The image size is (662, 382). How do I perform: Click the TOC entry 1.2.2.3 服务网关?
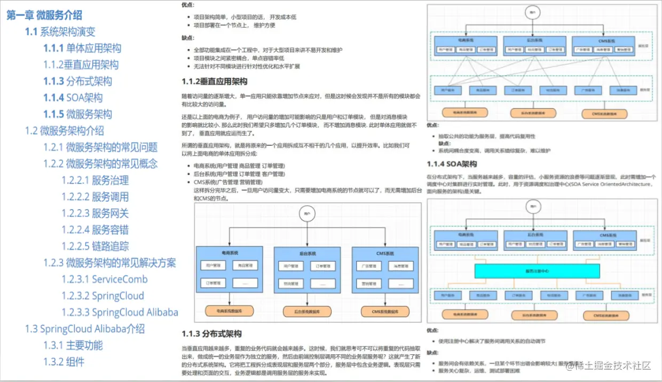pos(95,213)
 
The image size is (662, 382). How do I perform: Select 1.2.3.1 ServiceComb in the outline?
pos(104,279)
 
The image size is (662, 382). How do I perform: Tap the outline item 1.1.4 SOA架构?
pos(73,98)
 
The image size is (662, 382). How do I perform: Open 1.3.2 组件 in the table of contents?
pos(64,362)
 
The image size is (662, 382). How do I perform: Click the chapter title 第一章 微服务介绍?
pos(44,15)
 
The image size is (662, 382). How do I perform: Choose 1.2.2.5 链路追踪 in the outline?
pos(95,246)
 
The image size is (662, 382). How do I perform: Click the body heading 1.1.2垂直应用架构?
pos(215,82)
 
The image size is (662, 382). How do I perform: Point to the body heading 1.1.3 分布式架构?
pos(211,334)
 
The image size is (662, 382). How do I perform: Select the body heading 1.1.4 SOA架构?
pos(452,164)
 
